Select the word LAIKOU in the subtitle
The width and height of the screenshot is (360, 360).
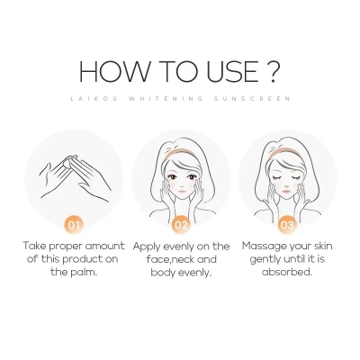click(x=86, y=101)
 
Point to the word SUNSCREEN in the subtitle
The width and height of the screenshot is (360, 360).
click(x=259, y=101)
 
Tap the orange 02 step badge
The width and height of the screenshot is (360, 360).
click(x=182, y=225)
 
